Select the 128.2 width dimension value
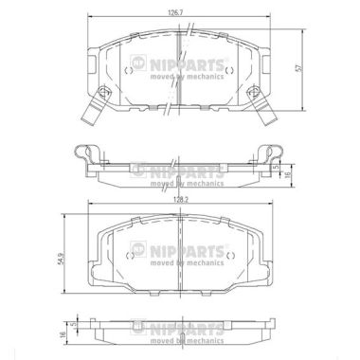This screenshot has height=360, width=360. click(x=179, y=200)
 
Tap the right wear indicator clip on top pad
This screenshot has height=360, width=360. click(x=262, y=105)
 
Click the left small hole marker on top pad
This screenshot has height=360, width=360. click(x=129, y=70)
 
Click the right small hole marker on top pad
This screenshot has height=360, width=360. click(x=229, y=70)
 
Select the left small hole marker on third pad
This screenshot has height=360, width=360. click(x=129, y=256)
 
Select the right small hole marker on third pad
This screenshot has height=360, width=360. click(x=230, y=256)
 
